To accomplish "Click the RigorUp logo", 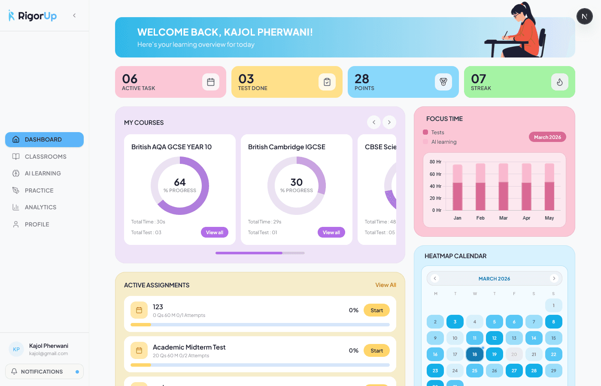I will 33,16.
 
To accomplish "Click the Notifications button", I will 44,371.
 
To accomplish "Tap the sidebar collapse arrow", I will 74,15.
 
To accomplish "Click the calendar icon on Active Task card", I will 211,82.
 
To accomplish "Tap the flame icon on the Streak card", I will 559,82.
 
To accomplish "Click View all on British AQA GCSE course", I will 214,232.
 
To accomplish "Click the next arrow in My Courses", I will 389,122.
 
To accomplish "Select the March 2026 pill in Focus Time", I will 547,137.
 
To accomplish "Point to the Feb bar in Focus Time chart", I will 480,187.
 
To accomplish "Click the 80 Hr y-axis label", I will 435,162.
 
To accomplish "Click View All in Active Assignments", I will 385,285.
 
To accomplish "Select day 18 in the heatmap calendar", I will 474,354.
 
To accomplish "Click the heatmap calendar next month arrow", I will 554,278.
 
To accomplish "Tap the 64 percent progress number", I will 180,182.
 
